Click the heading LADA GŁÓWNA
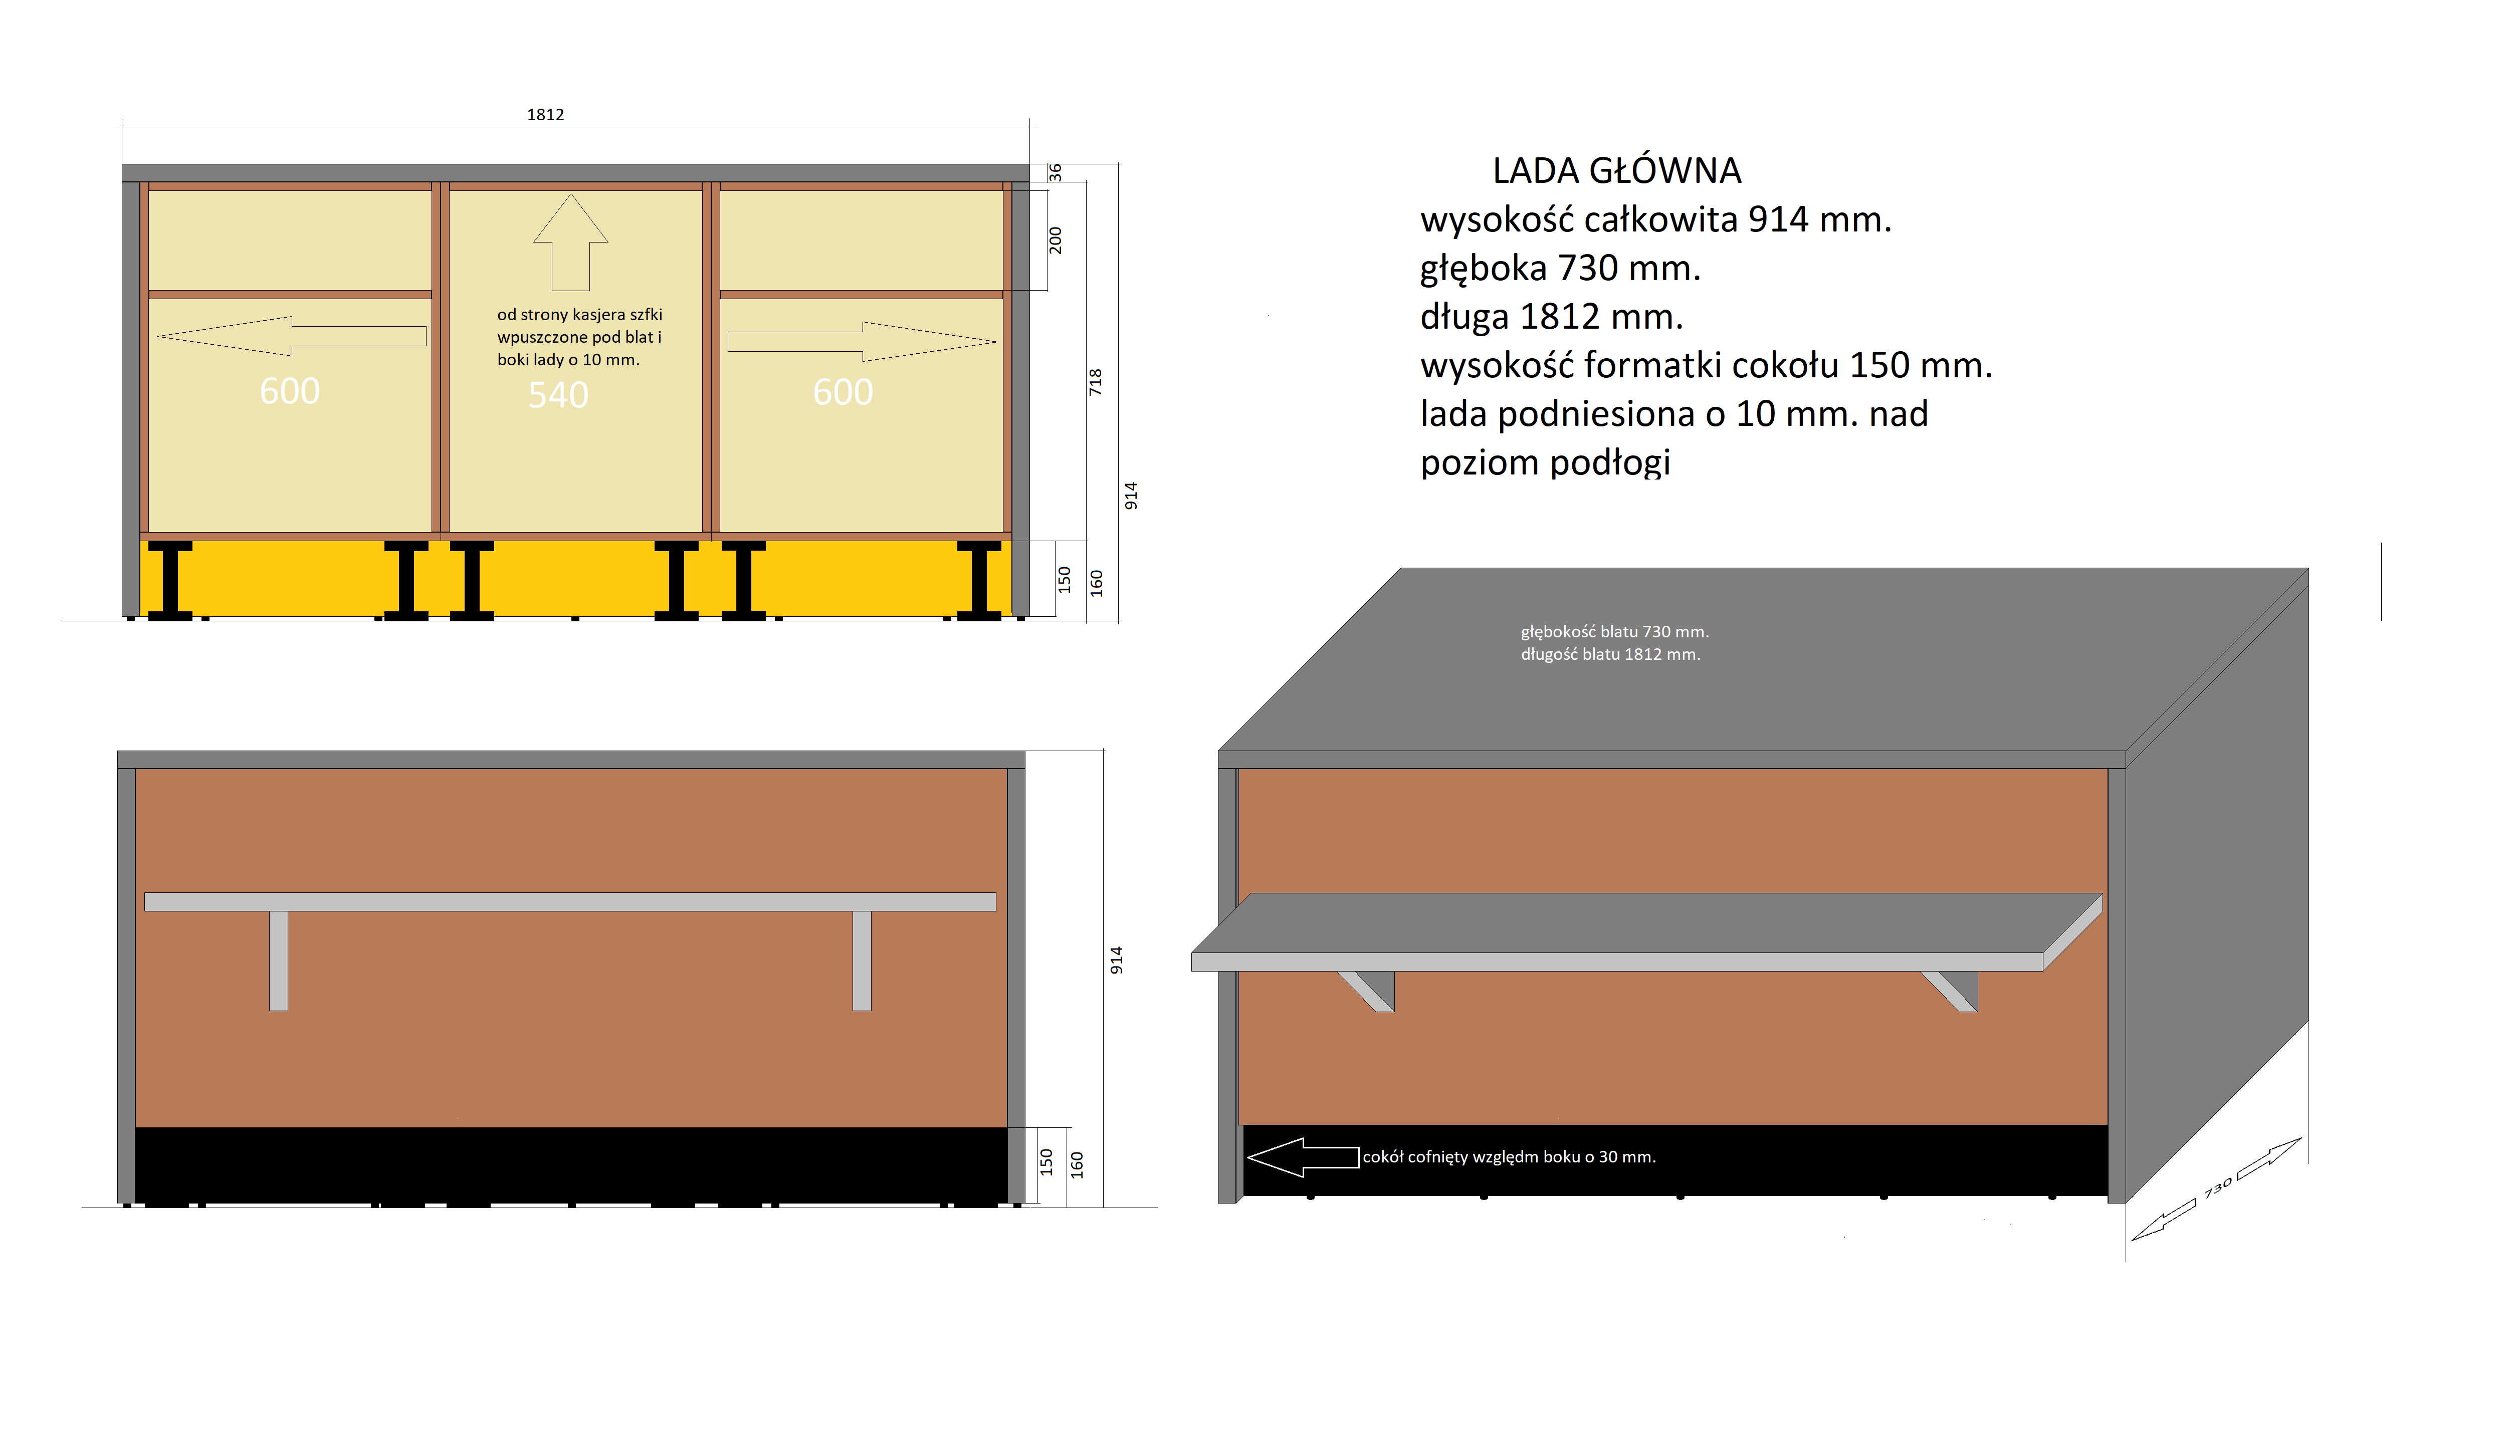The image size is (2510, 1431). coord(1616,171)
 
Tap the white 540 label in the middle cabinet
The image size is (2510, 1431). coord(558,395)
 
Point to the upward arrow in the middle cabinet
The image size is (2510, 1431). coord(570,242)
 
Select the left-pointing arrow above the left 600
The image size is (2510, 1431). coord(292,336)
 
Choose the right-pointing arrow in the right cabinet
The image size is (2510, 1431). coord(862,341)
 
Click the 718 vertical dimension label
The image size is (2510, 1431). coord(1095,382)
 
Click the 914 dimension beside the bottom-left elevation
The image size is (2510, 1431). coord(1116,960)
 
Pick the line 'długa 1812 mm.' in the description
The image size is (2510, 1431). coord(1551,317)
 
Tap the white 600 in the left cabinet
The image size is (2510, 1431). coord(290,391)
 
